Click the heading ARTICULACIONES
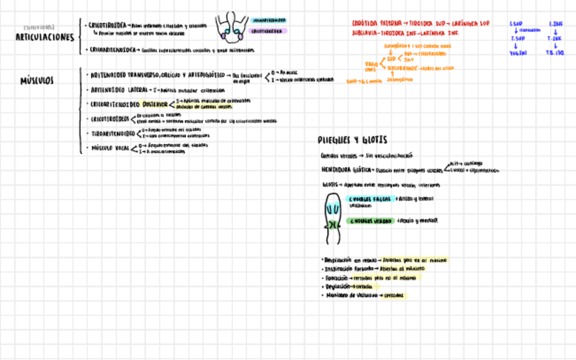(45, 37)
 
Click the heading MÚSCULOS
(37, 81)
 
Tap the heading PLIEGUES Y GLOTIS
(353, 140)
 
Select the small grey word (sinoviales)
(38, 27)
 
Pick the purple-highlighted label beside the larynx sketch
(268, 31)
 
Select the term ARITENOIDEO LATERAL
(120, 90)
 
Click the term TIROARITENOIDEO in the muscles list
(113, 133)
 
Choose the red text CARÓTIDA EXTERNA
(374, 23)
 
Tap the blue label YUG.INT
(518, 52)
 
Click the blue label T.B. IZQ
(556, 52)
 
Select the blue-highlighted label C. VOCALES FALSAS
(370, 199)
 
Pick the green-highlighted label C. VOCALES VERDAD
(371, 221)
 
